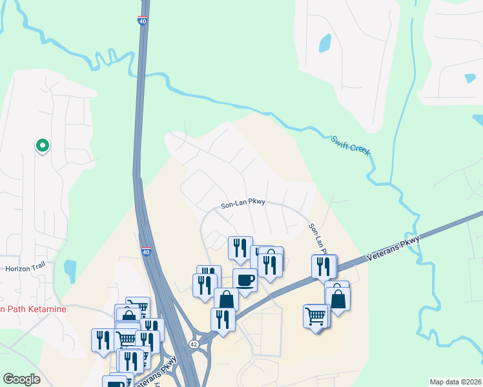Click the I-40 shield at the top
click(x=142, y=21)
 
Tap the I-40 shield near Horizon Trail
click(x=147, y=252)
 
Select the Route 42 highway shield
click(x=194, y=344)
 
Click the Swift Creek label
click(x=351, y=144)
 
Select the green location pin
click(x=43, y=146)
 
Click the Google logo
click(x=21, y=379)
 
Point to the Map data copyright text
click(x=456, y=382)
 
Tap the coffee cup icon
click(x=245, y=280)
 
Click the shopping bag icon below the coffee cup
click(x=226, y=299)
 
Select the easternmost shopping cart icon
click(x=315, y=316)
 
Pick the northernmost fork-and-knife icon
click(x=240, y=247)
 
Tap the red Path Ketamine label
click(x=32, y=310)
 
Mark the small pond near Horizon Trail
click(x=70, y=268)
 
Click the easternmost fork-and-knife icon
click(x=324, y=265)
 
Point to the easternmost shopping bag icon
click(x=338, y=298)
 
